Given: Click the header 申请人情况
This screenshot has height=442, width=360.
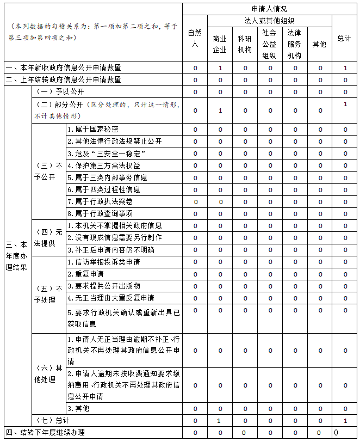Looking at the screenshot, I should pos(269,9).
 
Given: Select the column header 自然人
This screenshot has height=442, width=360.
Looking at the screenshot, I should pos(195,38).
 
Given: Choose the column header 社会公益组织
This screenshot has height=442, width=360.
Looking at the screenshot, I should pos(269,44).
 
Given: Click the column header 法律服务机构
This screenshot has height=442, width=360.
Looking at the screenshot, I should pos(294,44).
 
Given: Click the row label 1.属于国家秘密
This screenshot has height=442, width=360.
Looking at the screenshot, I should pos(93,130).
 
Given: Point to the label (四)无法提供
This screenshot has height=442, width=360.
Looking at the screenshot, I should pos(48,237).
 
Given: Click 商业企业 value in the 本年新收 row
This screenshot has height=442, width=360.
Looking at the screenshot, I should pos(220,68).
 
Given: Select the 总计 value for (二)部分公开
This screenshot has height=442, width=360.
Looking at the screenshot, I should pos(345,104).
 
